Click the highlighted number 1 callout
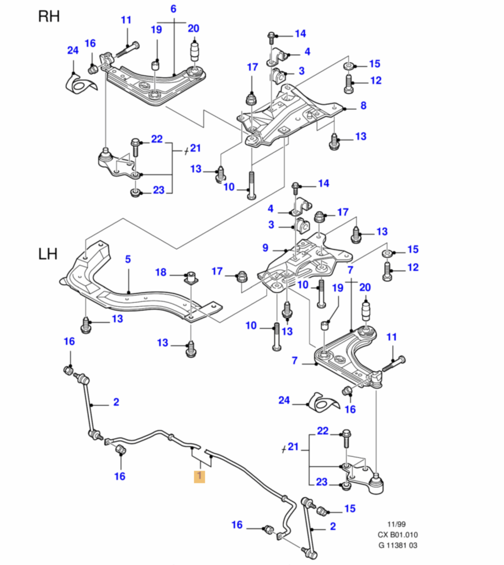click(x=199, y=476)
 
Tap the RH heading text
click(x=49, y=16)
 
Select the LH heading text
click(x=48, y=254)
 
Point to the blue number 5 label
click(x=128, y=259)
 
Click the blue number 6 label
click(x=173, y=9)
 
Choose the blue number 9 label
click(x=265, y=247)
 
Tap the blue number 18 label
click(x=161, y=272)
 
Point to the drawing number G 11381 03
click(x=397, y=546)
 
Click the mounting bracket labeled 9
click(x=304, y=259)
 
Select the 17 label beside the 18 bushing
click(x=217, y=271)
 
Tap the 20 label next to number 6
click(x=193, y=29)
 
